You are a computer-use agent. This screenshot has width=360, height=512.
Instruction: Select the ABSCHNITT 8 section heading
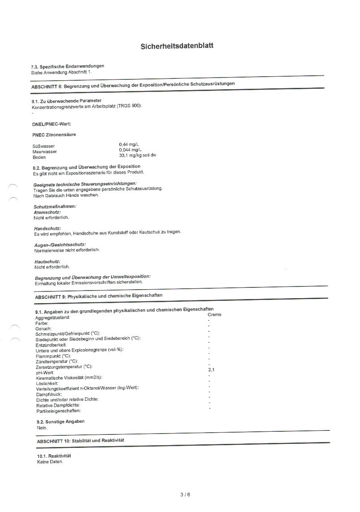pyautogui.click(x=133, y=84)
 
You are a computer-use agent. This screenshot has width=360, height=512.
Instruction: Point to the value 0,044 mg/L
pyautogui.click(x=131, y=150)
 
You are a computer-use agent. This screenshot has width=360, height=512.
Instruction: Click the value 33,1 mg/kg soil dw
pyautogui.click(x=138, y=155)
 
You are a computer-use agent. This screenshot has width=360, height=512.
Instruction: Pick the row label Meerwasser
pyautogui.click(x=44, y=152)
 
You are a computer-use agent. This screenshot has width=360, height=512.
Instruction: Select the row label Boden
pyautogui.click(x=39, y=157)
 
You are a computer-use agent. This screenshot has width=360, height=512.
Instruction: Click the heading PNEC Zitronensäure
pyautogui.click(x=54, y=135)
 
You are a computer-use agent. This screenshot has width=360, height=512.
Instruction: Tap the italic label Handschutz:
pyautogui.click(x=48, y=229)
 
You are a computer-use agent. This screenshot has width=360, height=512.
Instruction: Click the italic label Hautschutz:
pyautogui.click(x=47, y=261)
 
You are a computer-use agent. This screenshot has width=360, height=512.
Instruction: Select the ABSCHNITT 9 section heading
pyautogui.click(x=99, y=296)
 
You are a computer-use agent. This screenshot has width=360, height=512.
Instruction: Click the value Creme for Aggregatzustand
pyautogui.click(x=214, y=315)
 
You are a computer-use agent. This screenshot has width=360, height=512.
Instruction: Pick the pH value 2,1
pyautogui.click(x=212, y=370)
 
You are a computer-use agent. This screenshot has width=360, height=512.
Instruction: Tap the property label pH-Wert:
pyautogui.click(x=45, y=373)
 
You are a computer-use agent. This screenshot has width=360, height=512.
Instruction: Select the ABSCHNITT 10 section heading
pyautogui.click(x=80, y=441)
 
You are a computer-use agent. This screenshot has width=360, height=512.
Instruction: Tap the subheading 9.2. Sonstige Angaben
pyautogui.click(x=61, y=421)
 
